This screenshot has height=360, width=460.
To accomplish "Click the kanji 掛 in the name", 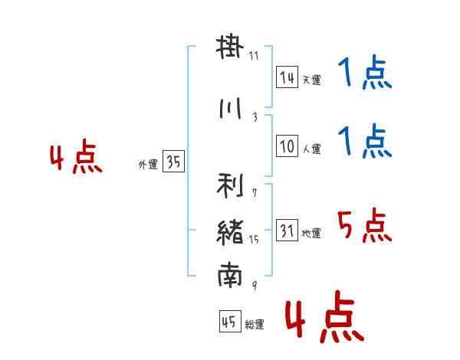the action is coord(230,47).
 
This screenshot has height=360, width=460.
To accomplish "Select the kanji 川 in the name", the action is coord(230,108).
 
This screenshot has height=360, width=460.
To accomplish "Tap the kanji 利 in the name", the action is coord(230,185).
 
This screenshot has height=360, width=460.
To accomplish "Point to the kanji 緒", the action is coord(230,233).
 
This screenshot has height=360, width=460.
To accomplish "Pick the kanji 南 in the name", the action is coord(230,275).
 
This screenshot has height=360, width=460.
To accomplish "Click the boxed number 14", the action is coord(287,77).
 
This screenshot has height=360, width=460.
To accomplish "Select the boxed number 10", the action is coord(287,146).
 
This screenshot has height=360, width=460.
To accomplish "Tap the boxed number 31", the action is coord(287,230).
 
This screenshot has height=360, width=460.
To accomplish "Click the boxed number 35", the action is coord(174,161).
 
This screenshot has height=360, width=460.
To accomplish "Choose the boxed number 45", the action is coord(230,321).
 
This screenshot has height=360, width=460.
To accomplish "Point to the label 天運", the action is coord(311,80).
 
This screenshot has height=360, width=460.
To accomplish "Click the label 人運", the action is coord(312,149).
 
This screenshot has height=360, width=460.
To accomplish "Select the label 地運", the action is coord(311,233).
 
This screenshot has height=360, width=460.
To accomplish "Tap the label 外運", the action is coord(148,165).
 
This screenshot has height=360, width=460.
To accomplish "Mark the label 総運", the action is coord(255,325).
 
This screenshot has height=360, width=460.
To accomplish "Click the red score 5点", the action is coord(365,225).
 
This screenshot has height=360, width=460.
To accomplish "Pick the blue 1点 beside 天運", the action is coord(365,72).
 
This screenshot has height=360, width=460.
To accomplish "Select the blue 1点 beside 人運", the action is coord(365,141).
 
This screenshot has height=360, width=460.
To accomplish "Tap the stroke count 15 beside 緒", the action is coord(254,240).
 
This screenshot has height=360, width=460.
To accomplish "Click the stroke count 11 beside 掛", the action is coord(254,56).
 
